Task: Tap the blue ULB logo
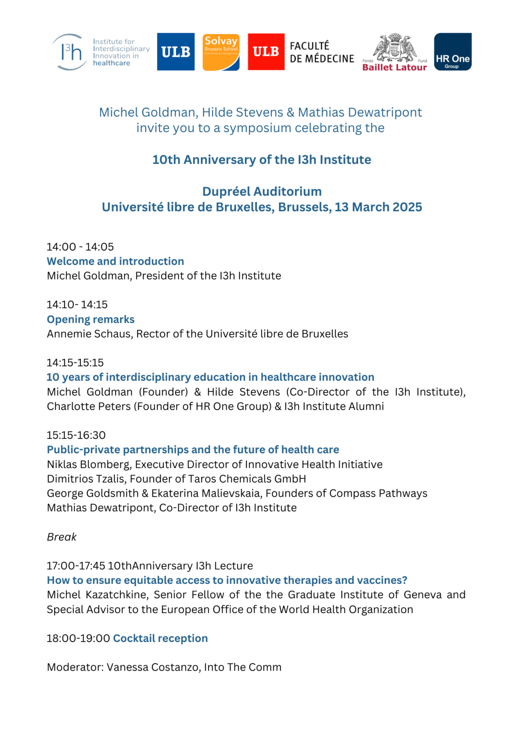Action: [x=176, y=52]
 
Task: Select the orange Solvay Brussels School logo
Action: [x=221, y=52]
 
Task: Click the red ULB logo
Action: [x=266, y=52]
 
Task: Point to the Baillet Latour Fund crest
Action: [x=395, y=48]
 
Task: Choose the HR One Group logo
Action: [x=452, y=52]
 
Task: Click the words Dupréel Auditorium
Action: [x=262, y=191]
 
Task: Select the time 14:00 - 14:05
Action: [x=80, y=247]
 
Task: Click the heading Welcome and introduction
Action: [x=115, y=261]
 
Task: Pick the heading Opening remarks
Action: [x=91, y=319]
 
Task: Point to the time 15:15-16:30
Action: [x=76, y=435]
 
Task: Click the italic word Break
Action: [x=62, y=537]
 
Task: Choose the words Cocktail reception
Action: [x=160, y=638]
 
